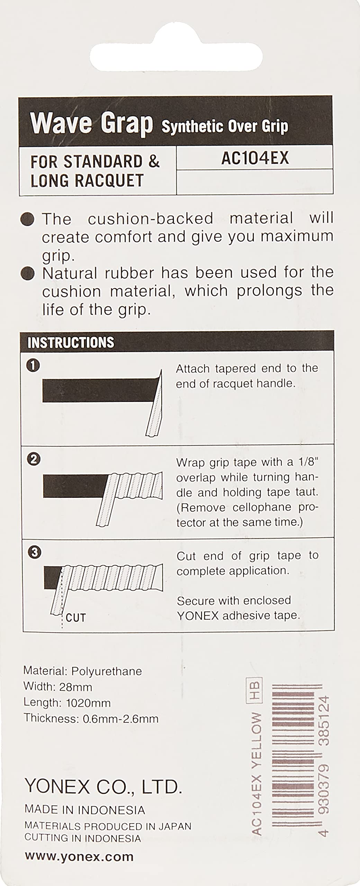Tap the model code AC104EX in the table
255,158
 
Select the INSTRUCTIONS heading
71,342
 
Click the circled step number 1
33,365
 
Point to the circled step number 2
34,459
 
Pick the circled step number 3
34,552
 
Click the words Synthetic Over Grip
225,127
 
